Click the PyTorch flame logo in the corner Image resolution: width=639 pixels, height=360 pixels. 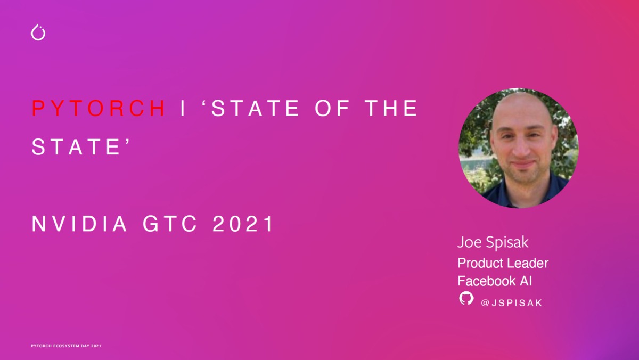(38, 32)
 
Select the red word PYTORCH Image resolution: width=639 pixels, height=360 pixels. (99, 109)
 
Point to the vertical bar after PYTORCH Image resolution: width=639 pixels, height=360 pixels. (183, 109)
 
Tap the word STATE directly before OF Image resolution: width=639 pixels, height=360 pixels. (251, 109)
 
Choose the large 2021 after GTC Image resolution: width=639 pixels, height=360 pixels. (243, 224)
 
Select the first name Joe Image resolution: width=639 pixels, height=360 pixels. (469, 243)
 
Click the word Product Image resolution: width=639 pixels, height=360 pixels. (480, 263)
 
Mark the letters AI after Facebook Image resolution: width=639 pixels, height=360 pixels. (526, 281)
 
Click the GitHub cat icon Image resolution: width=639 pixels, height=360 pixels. (466, 298)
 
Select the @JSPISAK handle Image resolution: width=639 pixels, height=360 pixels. (511, 303)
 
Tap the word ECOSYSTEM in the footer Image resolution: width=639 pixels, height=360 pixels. (66, 346)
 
